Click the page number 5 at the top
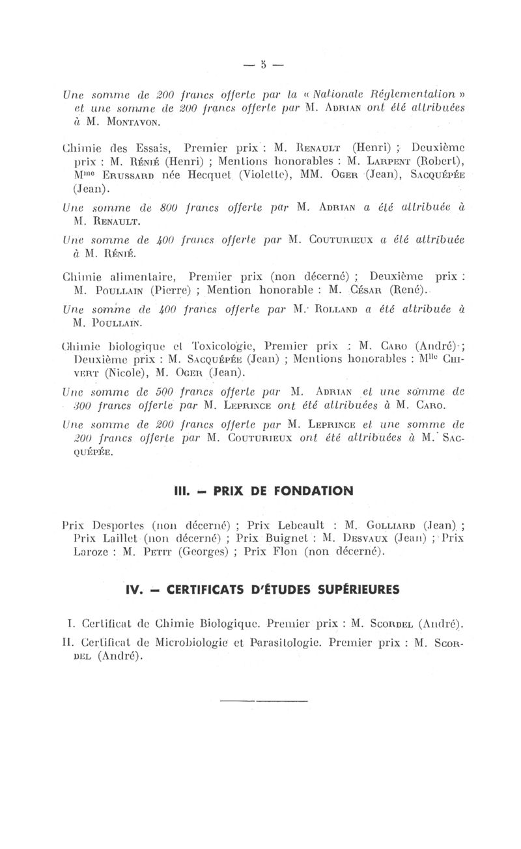264,65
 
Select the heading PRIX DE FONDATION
281,491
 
